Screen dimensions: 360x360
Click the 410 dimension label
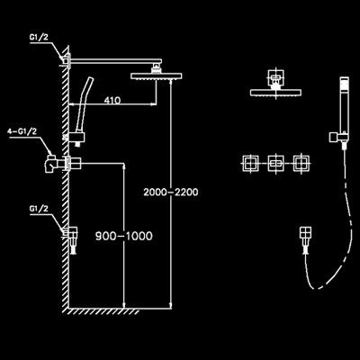point(112,100)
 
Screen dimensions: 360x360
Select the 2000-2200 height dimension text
point(171,192)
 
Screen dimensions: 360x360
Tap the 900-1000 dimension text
point(124,236)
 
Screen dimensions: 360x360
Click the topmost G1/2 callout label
point(39,38)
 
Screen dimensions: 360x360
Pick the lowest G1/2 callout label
point(39,209)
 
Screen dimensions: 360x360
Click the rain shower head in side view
point(157,76)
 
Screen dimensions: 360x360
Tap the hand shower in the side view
point(84,104)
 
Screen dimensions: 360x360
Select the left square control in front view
point(250,164)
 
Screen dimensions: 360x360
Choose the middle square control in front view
point(275,164)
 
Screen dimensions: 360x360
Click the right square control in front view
point(301,164)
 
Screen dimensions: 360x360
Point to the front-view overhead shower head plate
point(275,93)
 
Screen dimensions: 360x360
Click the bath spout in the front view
point(306,240)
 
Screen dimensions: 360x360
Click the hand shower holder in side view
point(77,139)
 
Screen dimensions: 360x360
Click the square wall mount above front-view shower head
point(275,77)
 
